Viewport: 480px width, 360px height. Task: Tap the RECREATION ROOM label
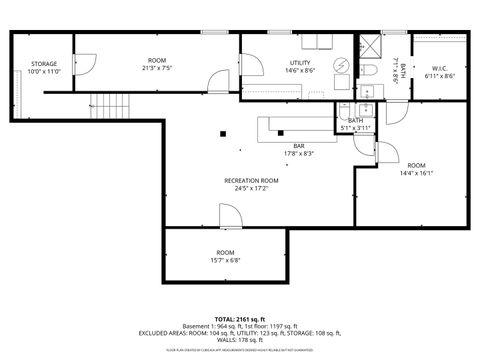click(x=244, y=180)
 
